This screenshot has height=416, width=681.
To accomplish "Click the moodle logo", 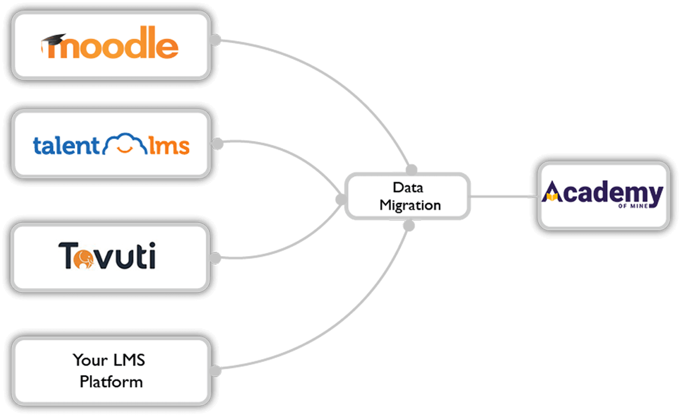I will coord(110,45).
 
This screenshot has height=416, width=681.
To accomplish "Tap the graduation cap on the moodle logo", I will coord(54,40).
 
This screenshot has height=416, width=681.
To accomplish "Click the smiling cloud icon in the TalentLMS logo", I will coord(124,144).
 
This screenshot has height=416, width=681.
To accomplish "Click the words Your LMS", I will coord(109,360).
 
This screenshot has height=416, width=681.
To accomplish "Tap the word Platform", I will coord(111,381).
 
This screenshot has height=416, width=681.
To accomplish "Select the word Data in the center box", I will coord(408,187).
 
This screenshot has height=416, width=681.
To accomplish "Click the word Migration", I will coord(410,205).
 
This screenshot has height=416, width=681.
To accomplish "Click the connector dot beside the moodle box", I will coord(216,40).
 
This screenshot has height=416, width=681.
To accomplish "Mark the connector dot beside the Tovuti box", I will coord(216,258).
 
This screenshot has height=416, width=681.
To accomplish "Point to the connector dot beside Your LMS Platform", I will coord(216,371).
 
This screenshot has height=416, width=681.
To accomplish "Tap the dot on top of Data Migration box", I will coord(412,169).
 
